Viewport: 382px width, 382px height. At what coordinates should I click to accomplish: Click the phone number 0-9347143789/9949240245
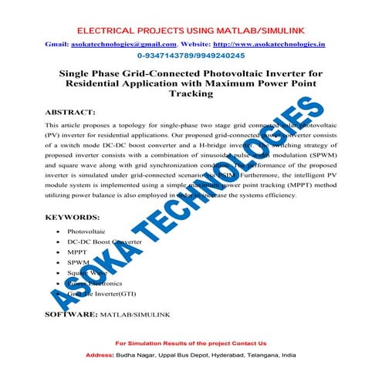[x=190, y=56]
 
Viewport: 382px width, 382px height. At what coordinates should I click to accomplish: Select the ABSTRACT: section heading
[x=70, y=112]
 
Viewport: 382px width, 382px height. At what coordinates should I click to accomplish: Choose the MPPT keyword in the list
[x=78, y=252]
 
